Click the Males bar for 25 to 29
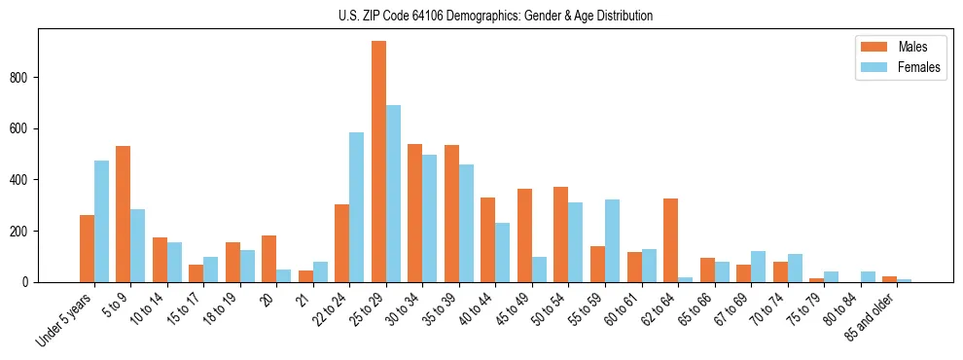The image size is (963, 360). pyautogui.click(x=378, y=162)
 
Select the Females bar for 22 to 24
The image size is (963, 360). pyautogui.click(x=356, y=207)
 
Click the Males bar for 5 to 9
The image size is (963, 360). pyautogui.click(x=123, y=214)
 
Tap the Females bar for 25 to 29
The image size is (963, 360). pyautogui.click(x=393, y=194)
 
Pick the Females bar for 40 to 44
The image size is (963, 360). pyautogui.click(x=502, y=252)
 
